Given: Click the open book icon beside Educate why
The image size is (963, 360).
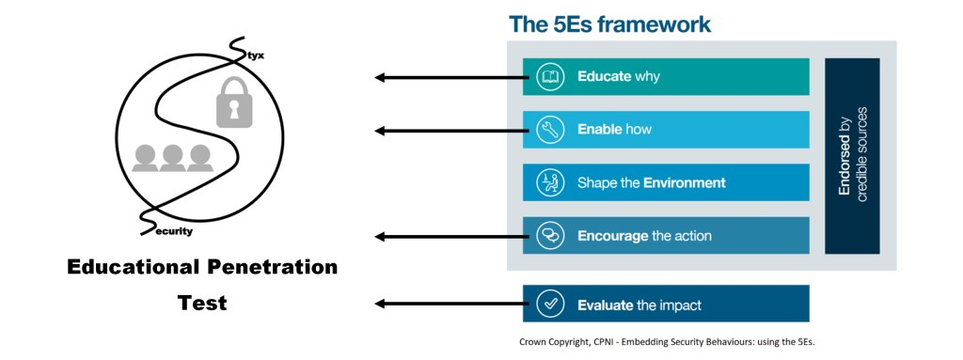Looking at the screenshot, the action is pos(549,77).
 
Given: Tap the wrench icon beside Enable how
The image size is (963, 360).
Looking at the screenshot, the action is pos(549,130).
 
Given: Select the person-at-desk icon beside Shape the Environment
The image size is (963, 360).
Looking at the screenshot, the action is pos(549,182).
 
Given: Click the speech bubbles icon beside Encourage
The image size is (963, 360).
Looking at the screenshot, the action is pos(549,235).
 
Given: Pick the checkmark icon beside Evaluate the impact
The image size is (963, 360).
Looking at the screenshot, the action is pos(549,305).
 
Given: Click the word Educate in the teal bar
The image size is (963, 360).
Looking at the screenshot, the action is pos(605,77).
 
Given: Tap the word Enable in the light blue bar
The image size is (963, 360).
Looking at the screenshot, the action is pos(599,130).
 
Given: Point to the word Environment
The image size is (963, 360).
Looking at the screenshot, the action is pos(685,182).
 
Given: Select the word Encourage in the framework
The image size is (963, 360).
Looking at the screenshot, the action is pos(613,236).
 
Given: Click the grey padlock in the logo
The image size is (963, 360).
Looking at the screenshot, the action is pos(234,102).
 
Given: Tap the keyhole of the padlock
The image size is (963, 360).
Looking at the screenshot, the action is pos(234,110).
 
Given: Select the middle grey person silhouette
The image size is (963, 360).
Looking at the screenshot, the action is pos(173,158).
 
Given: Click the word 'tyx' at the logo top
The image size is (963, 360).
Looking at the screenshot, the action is pos(256,56).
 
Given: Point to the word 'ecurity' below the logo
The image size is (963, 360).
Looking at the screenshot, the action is pos(175,231).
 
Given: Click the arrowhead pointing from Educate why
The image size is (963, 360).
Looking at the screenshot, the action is pos(380,77).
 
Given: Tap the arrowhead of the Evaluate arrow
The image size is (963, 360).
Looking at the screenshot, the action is pos(380,304).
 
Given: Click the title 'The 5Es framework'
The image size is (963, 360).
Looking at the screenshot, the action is pos(609,23).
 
